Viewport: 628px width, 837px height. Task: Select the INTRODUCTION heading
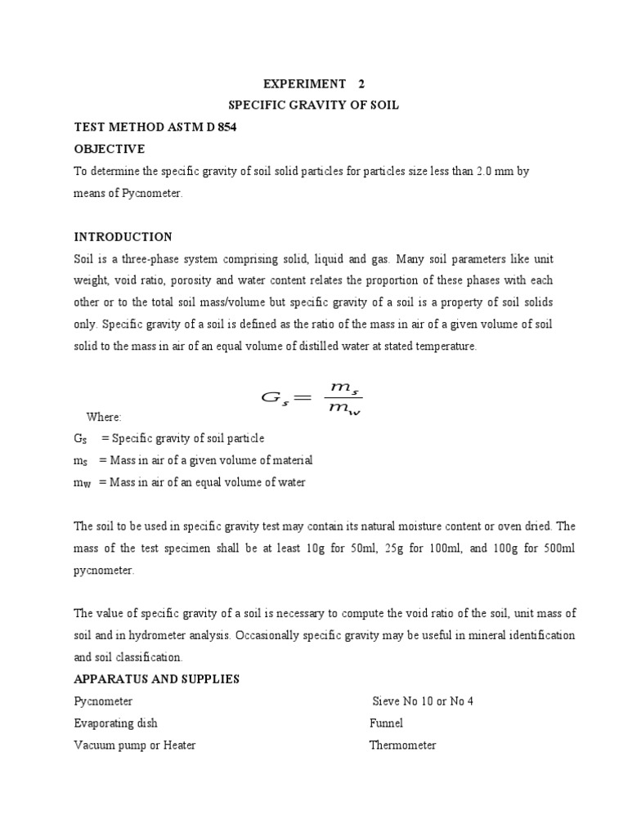(123, 237)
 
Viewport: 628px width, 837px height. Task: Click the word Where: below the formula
(104, 417)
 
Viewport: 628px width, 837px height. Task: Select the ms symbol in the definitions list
(81, 461)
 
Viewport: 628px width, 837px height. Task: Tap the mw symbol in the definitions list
(83, 483)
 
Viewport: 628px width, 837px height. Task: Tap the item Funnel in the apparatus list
(386, 723)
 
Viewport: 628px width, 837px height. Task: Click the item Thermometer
(402, 745)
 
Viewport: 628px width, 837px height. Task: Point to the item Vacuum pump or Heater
(134, 745)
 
